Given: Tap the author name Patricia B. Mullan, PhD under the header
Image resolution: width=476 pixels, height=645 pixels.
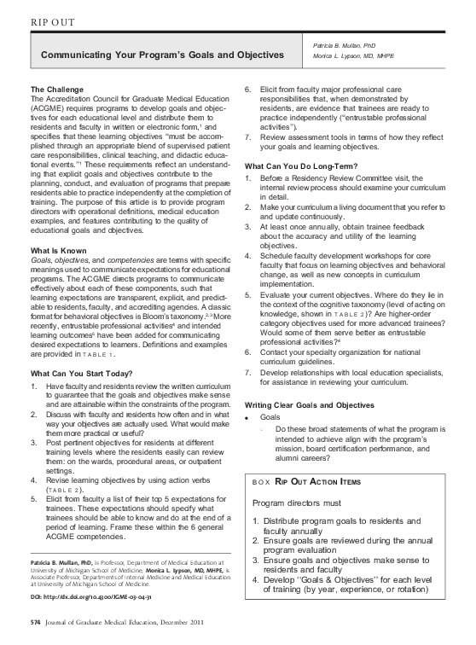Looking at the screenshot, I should (x=345, y=45).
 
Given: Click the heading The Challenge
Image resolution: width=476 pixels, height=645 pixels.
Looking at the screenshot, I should (x=57, y=90).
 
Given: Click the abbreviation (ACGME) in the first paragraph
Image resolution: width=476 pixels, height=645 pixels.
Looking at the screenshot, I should (x=49, y=109).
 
